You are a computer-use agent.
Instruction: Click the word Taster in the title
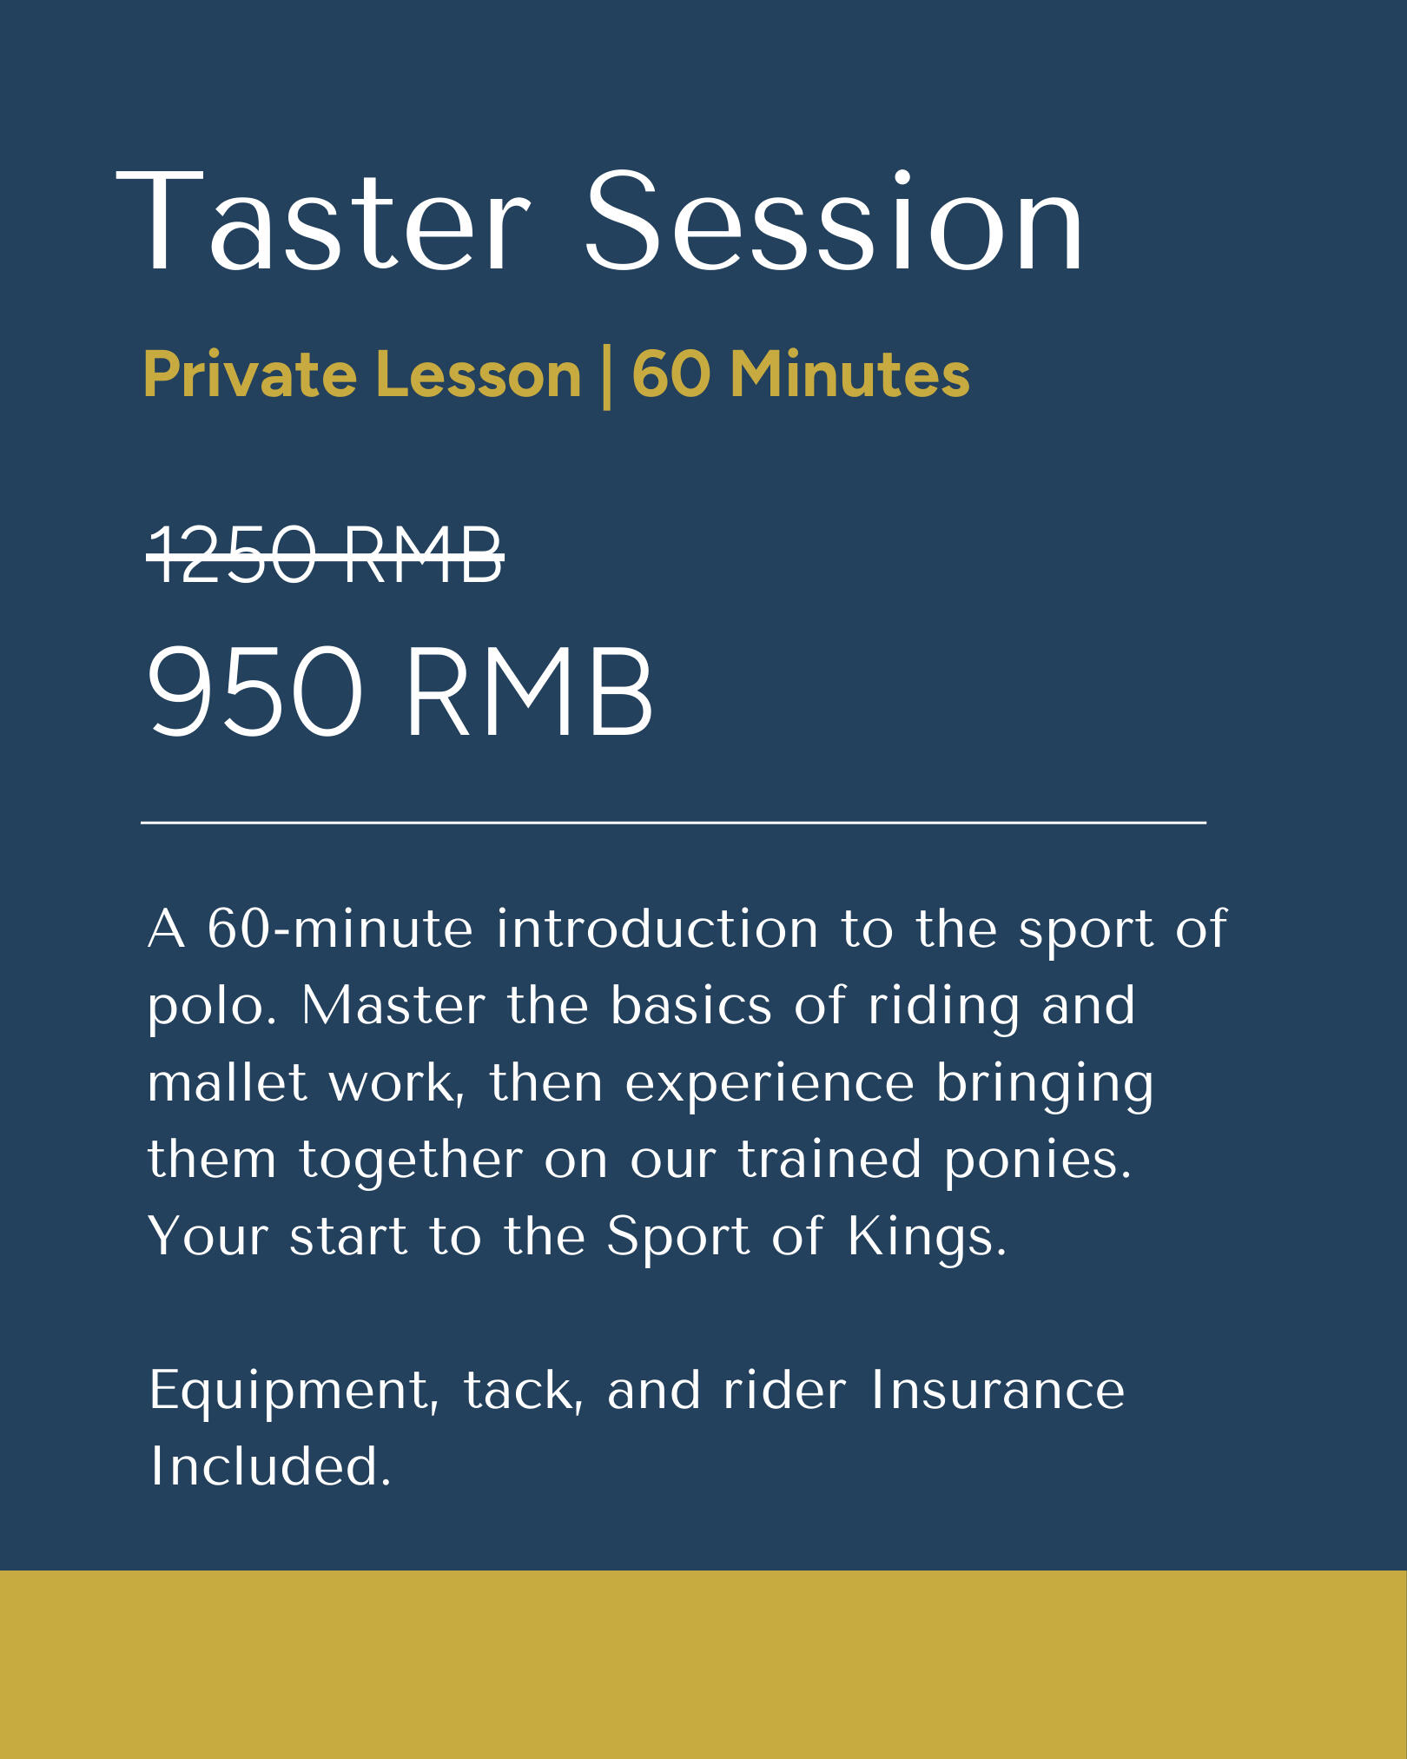coord(323,222)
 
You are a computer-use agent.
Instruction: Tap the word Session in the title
coord(834,222)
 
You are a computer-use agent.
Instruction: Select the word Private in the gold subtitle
coord(250,375)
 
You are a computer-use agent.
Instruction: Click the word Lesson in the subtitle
coord(479,375)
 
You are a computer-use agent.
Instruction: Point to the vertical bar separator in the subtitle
coord(606,376)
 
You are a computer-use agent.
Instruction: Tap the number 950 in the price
coord(254,691)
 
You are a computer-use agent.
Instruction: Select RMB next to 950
coord(530,691)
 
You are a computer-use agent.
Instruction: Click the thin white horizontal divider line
coord(673,821)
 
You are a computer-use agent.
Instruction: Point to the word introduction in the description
coord(657,929)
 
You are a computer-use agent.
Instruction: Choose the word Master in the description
coord(393,1006)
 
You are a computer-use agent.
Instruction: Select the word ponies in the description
coord(1038,1162)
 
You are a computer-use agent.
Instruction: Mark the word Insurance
coord(997,1390)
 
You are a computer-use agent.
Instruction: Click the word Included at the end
coord(271,1466)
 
